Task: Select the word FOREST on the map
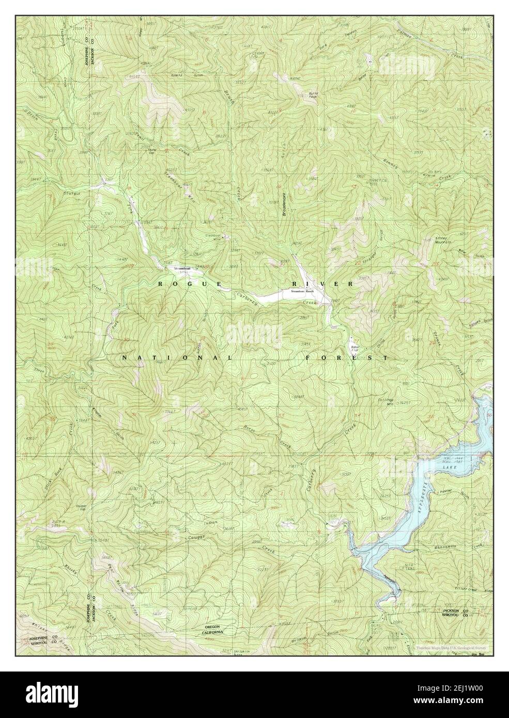click(346, 357)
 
